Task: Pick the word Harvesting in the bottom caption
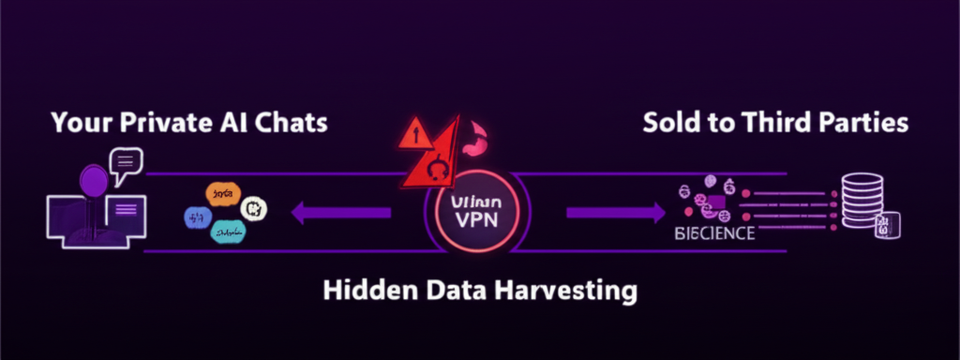[x=563, y=290]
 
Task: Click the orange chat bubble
[x=222, y=195]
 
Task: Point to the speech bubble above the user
[x=125, y=166]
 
